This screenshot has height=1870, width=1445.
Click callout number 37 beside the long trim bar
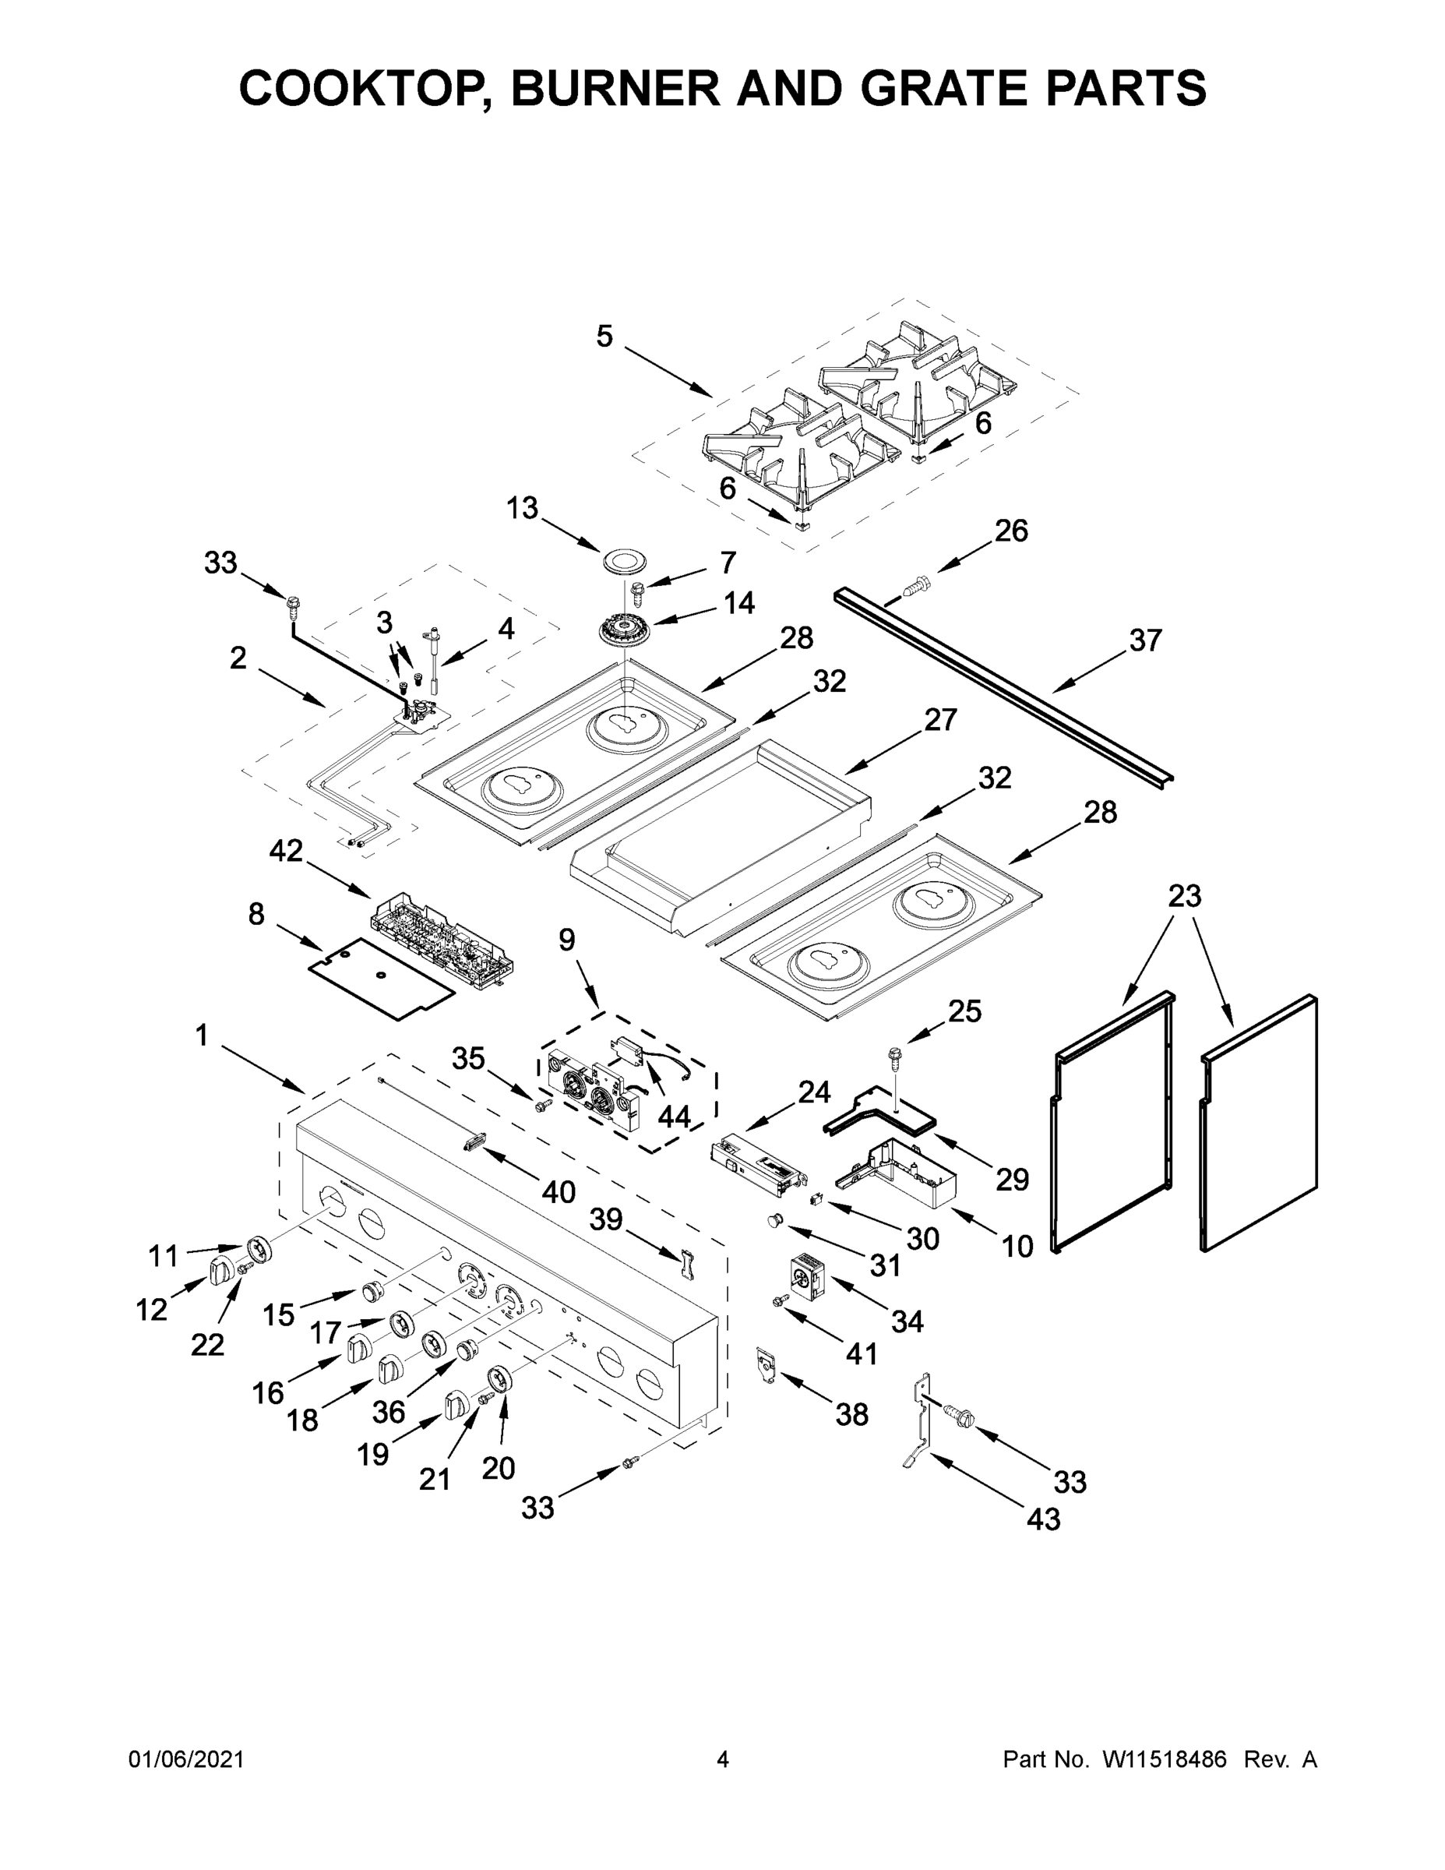tap(1145, 640)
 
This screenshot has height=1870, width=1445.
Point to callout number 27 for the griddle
tap(939, 720)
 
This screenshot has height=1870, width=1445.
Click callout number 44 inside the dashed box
tap(674, 1116)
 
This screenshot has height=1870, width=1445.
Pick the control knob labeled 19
tap(456, 1406)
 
